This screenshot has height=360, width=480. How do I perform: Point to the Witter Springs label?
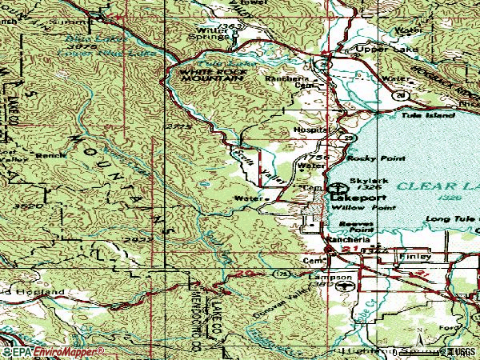210,34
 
